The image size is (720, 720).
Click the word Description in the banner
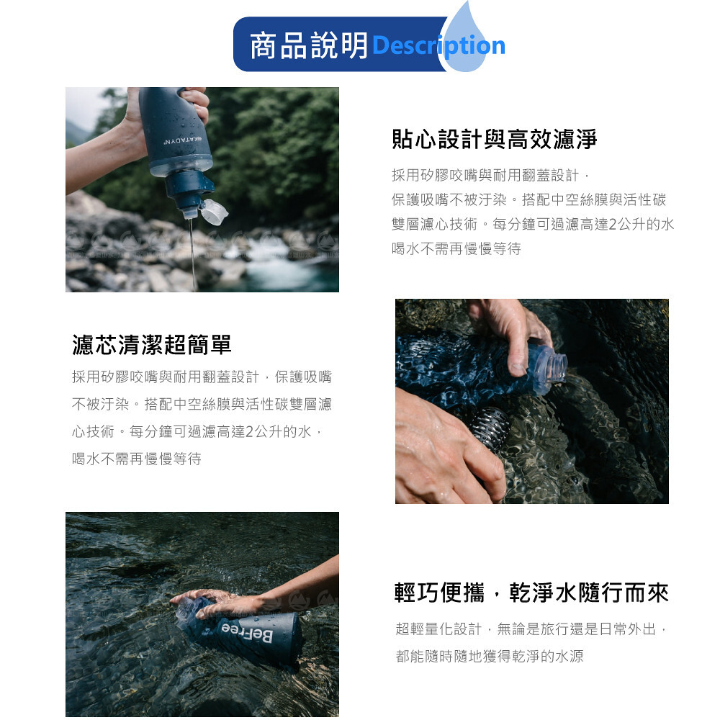[x=438, y=46]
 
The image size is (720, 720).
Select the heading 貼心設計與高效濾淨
[x=494, y=139]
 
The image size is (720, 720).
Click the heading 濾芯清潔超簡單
[x=151, y=344]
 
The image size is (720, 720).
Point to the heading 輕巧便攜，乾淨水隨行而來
[x=531, y=593]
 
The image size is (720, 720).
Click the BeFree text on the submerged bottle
[x=247, y=632]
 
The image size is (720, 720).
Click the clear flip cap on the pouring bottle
[x=214, y=211]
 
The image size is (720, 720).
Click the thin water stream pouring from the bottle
[x=193, y=255]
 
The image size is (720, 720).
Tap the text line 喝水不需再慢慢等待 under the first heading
[x=456, y=249]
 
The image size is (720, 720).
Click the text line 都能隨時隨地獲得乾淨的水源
[x=490, y=656]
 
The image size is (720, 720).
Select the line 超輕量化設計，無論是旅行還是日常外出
[x=531, y=629]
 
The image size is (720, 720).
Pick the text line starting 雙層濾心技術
[x=533, y=224]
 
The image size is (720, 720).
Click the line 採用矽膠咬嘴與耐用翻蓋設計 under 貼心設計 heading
[x=490, y=175]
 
